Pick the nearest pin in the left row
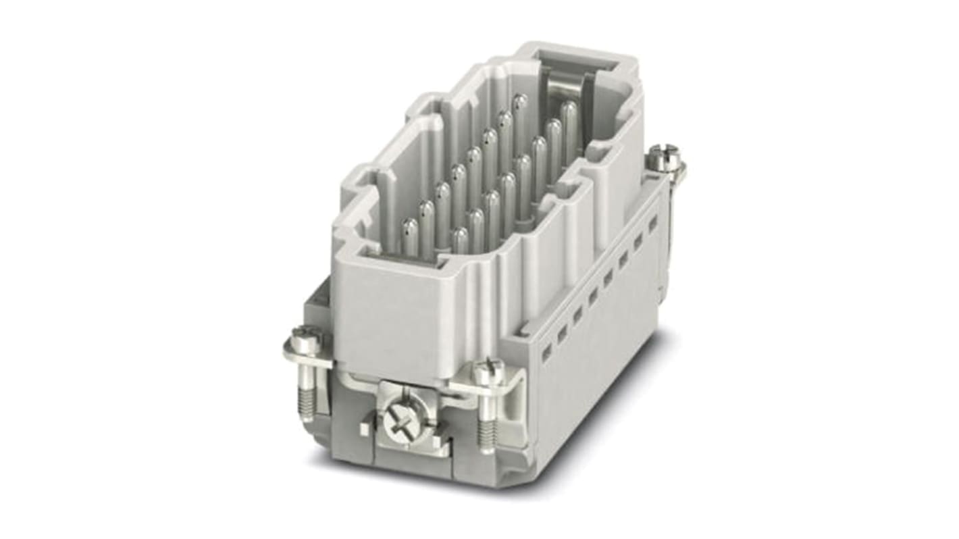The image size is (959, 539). click(x=409, y=236)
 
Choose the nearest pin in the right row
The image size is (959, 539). click(x=460, y=240)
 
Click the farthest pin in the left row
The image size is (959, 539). click(x=519, y=112)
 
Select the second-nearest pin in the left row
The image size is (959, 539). click(x=426, y=216)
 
